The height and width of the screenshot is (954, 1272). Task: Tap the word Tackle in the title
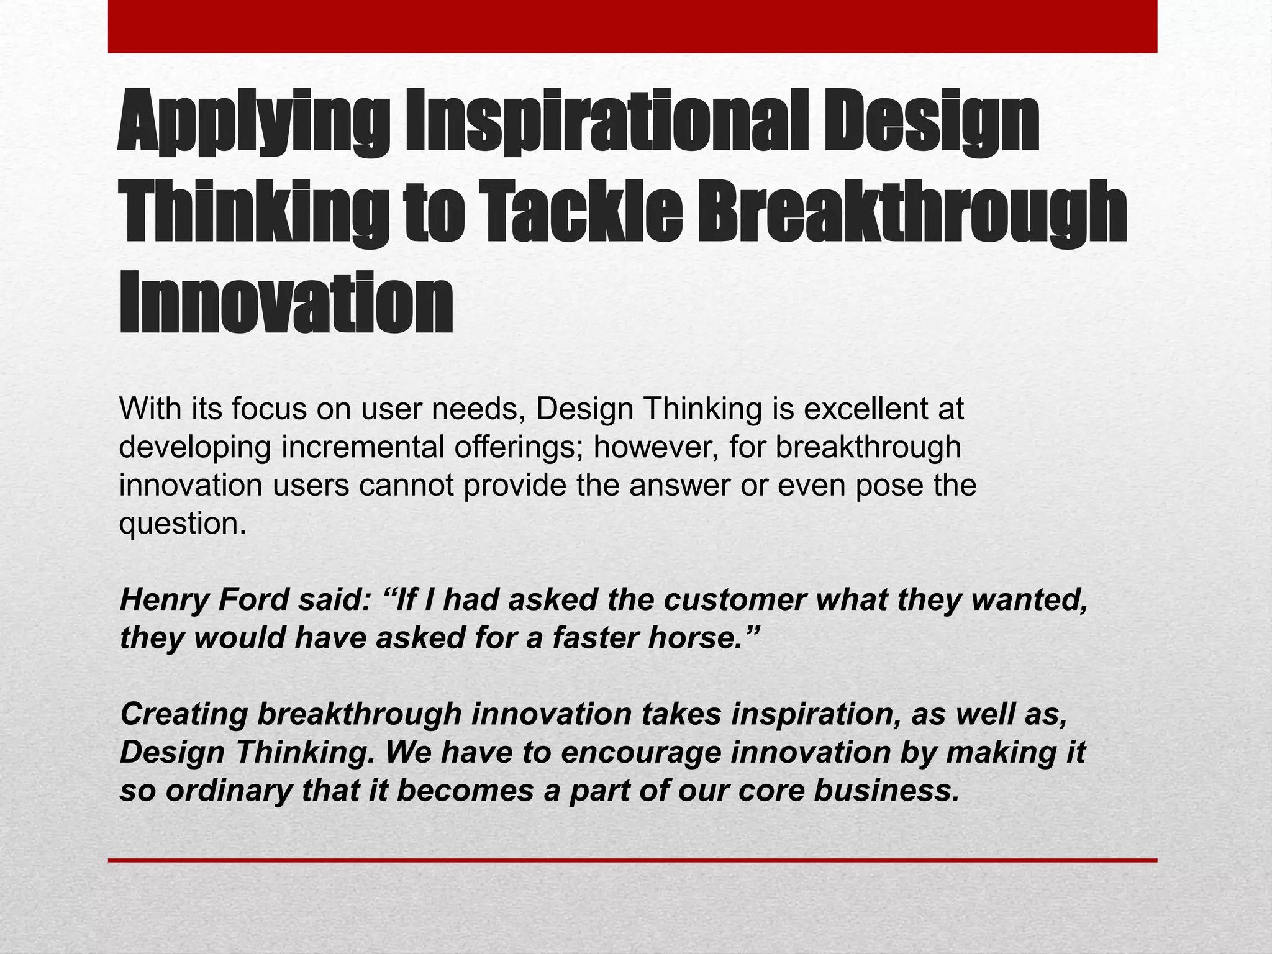pos(581,214)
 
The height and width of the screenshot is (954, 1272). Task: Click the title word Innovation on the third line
pos(286,304)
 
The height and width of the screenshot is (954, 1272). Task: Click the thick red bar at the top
pos(632,26)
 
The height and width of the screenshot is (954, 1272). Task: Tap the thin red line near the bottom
pos(632,860)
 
